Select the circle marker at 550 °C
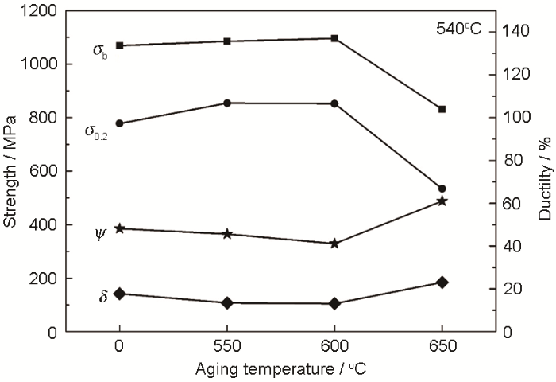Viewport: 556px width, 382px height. click(x=227, y=103)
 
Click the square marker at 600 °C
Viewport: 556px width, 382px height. click(x=334, y=38)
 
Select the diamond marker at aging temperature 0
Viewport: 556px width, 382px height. click(x=120, y=294)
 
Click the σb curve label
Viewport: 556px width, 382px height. click(x=99, y=51)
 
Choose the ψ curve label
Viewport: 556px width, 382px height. click(x=100, y=233)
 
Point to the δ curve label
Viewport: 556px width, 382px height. click(x=103, y=298)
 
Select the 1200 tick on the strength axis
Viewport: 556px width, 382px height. click(x=40, y=10)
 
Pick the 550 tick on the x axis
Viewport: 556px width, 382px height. click(x=227, y=349)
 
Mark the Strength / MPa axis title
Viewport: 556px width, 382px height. click(x=11, y=171)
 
